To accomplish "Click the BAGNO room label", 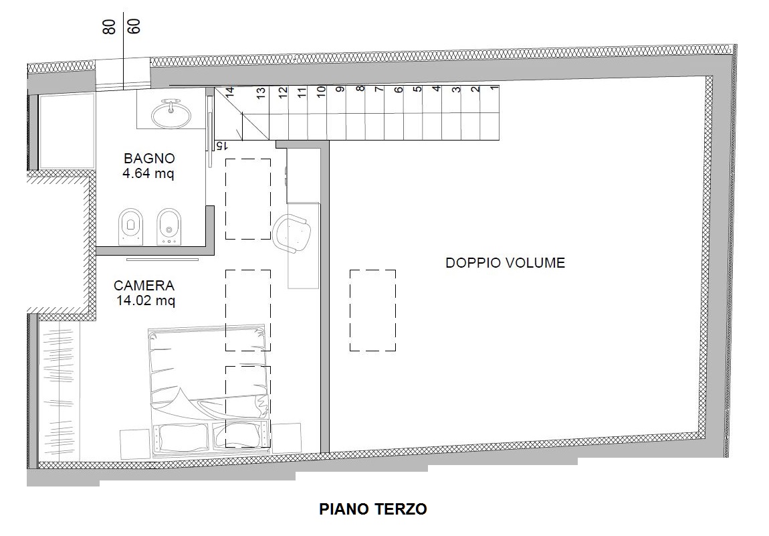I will point(149,159).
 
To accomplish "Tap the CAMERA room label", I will point(144,286).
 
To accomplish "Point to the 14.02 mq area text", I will point(145,301).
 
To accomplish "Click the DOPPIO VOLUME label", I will point(505,263).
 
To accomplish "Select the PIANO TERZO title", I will point(373,509).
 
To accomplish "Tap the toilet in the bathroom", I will point(130,226).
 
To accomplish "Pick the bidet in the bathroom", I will point(169,226).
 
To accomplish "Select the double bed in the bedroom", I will point(209,391).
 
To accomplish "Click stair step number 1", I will point(493,89).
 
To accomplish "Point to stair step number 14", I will point(229,94).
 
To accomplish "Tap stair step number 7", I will point(378,90).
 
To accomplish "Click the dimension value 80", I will point(110,26).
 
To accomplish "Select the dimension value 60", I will point(134,26).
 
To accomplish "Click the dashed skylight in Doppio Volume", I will point(372,310).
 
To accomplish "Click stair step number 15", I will point(219,145).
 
